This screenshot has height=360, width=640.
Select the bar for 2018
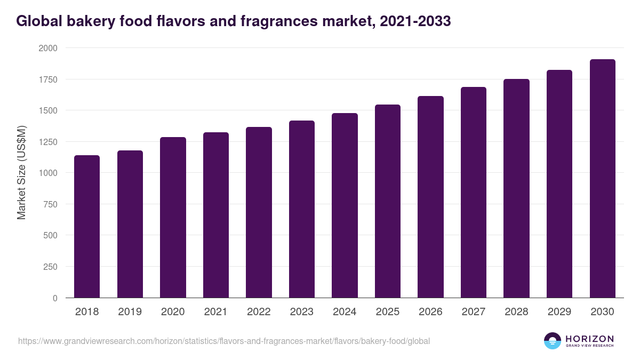(87, 227)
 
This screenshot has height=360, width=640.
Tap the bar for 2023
(302, 209)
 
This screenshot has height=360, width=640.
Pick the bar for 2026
(430, 197)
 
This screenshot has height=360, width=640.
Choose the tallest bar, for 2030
(603, 179)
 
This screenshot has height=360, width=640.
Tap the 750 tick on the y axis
(50, 204)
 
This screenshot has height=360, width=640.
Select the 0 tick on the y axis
(55, 298)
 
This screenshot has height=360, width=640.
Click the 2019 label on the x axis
(130, 312)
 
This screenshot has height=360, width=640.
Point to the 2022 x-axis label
(259, 312)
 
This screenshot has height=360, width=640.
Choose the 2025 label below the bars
(388, 312)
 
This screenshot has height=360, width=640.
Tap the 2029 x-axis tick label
(559, 312)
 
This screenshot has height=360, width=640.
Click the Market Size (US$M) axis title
(21, 173)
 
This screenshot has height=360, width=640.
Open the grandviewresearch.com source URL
(224, 341)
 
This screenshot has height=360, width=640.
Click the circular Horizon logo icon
(553, 341)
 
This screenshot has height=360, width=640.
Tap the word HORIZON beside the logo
(589, 338)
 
